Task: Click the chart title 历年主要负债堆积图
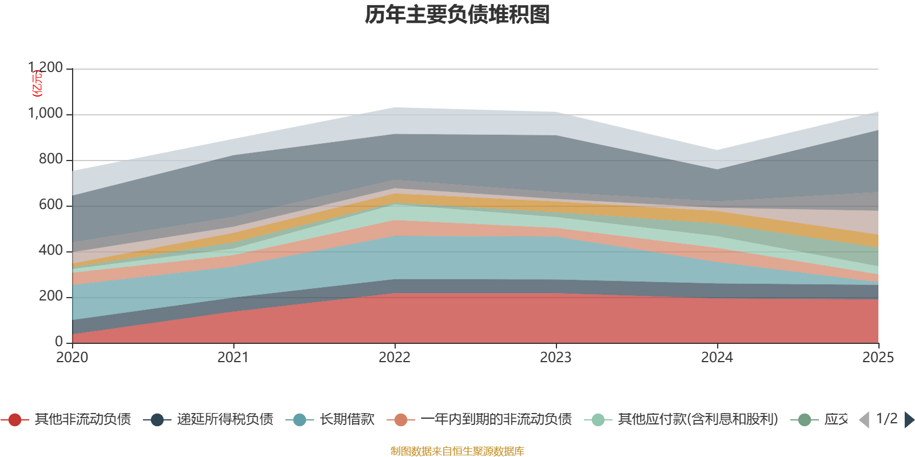[457, 15]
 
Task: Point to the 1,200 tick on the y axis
[46, 68]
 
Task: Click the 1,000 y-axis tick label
[46, 114]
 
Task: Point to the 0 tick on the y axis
[59, 342]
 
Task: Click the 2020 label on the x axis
[72, 358]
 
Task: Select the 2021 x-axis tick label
[233, 358]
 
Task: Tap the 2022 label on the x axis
[395, 358]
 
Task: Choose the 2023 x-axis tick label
[556, 358]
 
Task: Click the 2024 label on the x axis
[717, 358]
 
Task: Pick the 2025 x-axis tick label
[878, 358]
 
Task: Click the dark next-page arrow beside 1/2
[909, 420]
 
